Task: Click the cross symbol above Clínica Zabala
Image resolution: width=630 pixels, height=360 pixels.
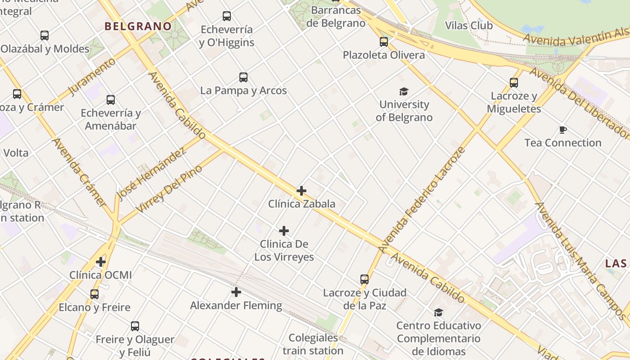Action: point(301,191)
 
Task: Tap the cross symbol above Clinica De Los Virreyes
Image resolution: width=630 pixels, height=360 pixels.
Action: point(284,231)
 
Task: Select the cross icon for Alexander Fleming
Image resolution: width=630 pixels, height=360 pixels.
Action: point(236,292)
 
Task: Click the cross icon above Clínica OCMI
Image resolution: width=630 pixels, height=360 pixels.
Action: point(101,261)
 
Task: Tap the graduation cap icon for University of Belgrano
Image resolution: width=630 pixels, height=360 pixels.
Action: point(404,91)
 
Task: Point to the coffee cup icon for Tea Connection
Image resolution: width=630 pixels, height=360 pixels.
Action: point(562,130)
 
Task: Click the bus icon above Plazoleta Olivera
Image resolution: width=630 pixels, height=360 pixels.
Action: point(384,42)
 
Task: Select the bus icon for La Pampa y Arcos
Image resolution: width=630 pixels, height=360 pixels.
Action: point(243,77)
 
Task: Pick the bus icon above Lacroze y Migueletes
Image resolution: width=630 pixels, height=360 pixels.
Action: point(514,83)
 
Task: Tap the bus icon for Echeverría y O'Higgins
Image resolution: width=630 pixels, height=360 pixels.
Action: point(227,16)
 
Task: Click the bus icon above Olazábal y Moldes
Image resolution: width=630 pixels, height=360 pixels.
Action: point(45,35)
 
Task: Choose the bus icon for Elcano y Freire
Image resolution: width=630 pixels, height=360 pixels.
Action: point(94,294)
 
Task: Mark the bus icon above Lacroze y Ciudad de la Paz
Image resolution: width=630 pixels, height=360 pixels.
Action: point(364,279)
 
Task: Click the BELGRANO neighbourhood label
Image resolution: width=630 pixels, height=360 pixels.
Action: point(138,26)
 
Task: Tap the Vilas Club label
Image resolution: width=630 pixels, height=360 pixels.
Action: point(469,25)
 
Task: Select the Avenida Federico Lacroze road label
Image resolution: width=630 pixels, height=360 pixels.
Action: point(421,200)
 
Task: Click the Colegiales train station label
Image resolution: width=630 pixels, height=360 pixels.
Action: point(313,344)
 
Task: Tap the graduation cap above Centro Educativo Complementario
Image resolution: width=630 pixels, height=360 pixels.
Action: point(438,312)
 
